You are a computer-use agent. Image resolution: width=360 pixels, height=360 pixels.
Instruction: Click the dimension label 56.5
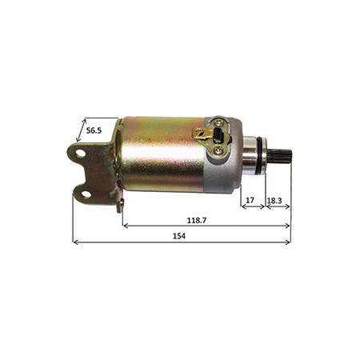click(94, 130)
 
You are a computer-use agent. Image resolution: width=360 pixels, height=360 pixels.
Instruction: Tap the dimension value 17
click(250, 200)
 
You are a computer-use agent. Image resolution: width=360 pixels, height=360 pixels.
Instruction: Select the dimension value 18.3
click(274, 201)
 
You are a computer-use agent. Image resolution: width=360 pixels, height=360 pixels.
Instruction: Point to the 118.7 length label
click(197, 221)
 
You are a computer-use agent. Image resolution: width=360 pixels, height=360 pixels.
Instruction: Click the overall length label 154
click(179, 236)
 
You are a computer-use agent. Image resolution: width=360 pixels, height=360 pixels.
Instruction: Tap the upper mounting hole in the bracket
click(80, 154)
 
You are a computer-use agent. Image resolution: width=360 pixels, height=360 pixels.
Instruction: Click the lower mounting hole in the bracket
click(86, 194)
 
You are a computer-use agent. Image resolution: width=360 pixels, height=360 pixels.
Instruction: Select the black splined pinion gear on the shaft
click(280, 157)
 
